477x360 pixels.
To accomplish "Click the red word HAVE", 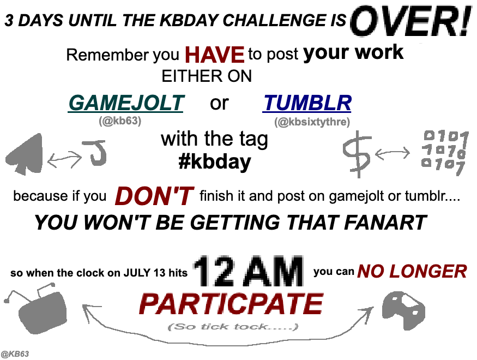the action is pyautogui.click(x=214, y=55).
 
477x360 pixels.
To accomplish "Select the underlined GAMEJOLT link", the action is pyautogui.click(x=125, y=103).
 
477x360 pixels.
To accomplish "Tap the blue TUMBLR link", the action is pyautogui.click(x=307, y=103).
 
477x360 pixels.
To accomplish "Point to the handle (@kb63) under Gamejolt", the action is pyautogui.click(x=120, y=121).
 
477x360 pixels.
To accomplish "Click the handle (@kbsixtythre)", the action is pyautogui.click(x=312, y=122).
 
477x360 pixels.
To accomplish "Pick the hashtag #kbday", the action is pyautogui.click(x=215, y=161).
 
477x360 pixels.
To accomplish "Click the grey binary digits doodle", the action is pyautogui.click(x=444, y=153).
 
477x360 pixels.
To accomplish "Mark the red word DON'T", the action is pyautogui.click(x=154, y=196).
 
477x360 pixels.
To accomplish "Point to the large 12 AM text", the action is pyautogui.click(x=248, y=272).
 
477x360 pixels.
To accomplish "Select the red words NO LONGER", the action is pyautogui.click(x=412, y=272).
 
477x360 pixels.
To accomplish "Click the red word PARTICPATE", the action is pyautogui.click(x=231, y=304).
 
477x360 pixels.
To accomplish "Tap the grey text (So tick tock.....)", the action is pyautogui.click(x=233, y=327).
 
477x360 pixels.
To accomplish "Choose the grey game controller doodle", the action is pyautogui.click(x=403, y=310).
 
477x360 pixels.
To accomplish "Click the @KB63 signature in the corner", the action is pyautogui.click(x=15, y=354).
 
